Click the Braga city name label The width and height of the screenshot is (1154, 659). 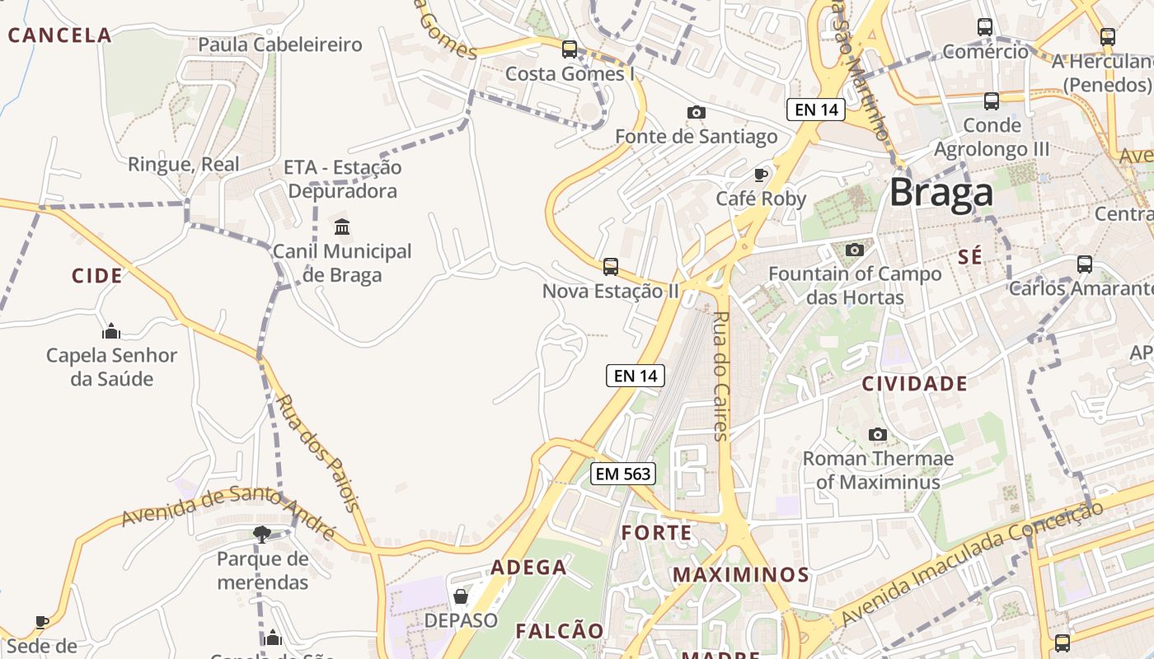(941, 193)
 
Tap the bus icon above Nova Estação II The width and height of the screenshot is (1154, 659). (610, 266)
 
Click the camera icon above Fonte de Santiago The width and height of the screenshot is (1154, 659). (696, 112)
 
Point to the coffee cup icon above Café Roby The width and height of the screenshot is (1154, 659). (761, 174)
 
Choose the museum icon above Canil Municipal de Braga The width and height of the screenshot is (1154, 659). (342, 227)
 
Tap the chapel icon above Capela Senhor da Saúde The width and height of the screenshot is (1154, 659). (111, 332)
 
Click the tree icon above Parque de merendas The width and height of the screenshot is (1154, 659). (262, 535)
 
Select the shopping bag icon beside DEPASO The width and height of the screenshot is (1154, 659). (461, 596)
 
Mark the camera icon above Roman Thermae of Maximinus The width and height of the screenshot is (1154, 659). (878, 434)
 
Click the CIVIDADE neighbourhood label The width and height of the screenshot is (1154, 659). (914, 384)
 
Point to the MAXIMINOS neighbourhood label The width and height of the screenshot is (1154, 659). (741, 574)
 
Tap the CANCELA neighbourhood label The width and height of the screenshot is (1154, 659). (59, 35)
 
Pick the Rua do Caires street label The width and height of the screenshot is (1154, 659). (720, 376)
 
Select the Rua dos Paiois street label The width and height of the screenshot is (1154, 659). (318, 454)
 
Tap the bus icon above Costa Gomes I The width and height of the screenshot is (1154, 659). (569, 49)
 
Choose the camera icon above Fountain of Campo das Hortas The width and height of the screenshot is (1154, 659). (854, 250)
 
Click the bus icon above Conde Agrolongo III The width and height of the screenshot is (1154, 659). (991, 101)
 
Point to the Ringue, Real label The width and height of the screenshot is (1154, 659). (183, 164)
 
